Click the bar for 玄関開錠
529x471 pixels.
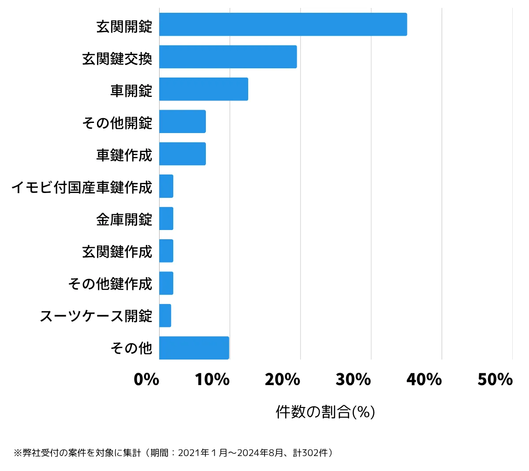[283, 24]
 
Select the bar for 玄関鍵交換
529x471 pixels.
[227, 57]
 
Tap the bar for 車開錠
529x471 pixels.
[203, 89]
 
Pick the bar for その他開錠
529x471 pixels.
[182, 121]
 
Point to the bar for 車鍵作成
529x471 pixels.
[182, 154]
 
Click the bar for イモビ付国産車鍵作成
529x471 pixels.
[166, 186]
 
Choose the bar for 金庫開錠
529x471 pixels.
[166, 219]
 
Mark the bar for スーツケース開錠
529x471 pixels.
[165, 315]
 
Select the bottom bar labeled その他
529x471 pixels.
[194, 348]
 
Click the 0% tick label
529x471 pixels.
[146, 379]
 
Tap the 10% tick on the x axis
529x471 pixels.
[212, 379]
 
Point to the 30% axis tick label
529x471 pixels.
[353, 379]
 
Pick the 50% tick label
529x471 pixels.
[495, 379]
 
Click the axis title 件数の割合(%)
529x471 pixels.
[325, 412]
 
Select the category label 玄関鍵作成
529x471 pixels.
[117, 252]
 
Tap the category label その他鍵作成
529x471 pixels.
[110, 284]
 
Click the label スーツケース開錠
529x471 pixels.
[96, 316]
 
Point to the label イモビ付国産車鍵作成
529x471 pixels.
[82, 187]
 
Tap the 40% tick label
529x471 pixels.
[424, 379]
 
